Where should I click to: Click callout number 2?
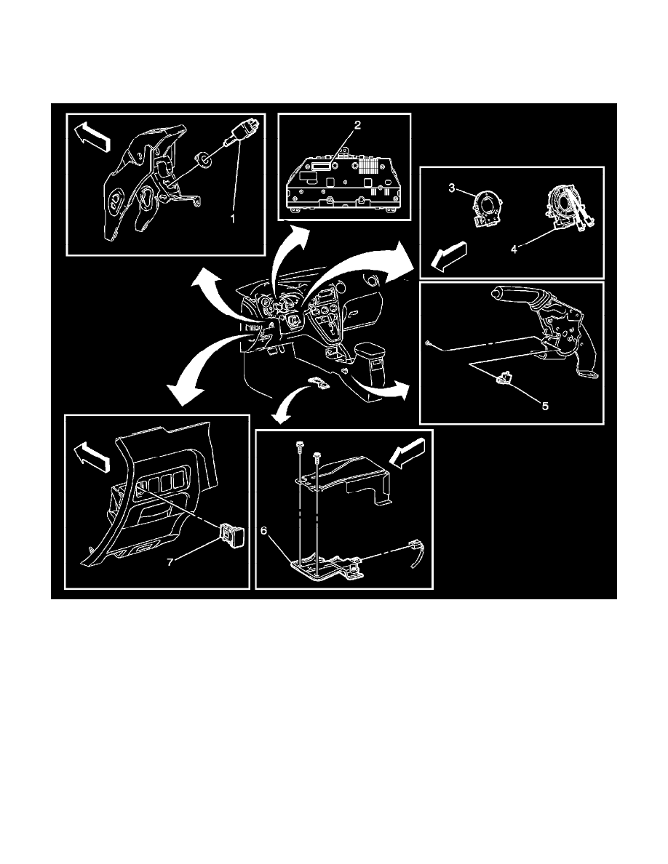tap(357, 125)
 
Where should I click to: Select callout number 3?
tap(452, 189)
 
